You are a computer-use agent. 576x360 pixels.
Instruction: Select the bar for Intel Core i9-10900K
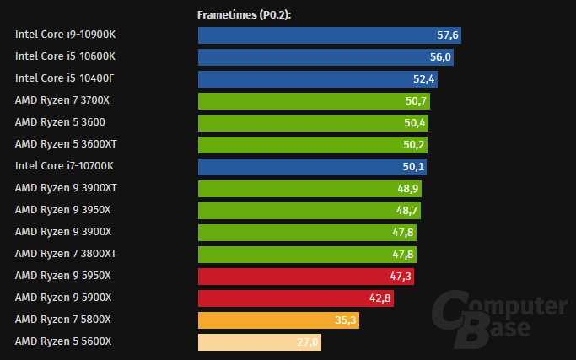coord(329,35)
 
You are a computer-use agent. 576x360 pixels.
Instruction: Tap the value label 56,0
coord(442,57)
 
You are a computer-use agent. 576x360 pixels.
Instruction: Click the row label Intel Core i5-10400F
coord(65,78)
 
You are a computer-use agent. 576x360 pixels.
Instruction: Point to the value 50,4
coord(416,123)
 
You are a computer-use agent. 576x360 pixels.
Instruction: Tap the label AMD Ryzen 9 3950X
coord(63,210)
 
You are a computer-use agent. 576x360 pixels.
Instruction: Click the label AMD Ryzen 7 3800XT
coord(66,254)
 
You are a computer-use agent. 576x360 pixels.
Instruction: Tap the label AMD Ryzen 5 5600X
coord(63,341)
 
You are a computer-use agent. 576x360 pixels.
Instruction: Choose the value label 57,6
coord(447,35)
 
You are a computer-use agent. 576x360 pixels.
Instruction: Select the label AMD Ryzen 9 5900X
coord(63,298)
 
